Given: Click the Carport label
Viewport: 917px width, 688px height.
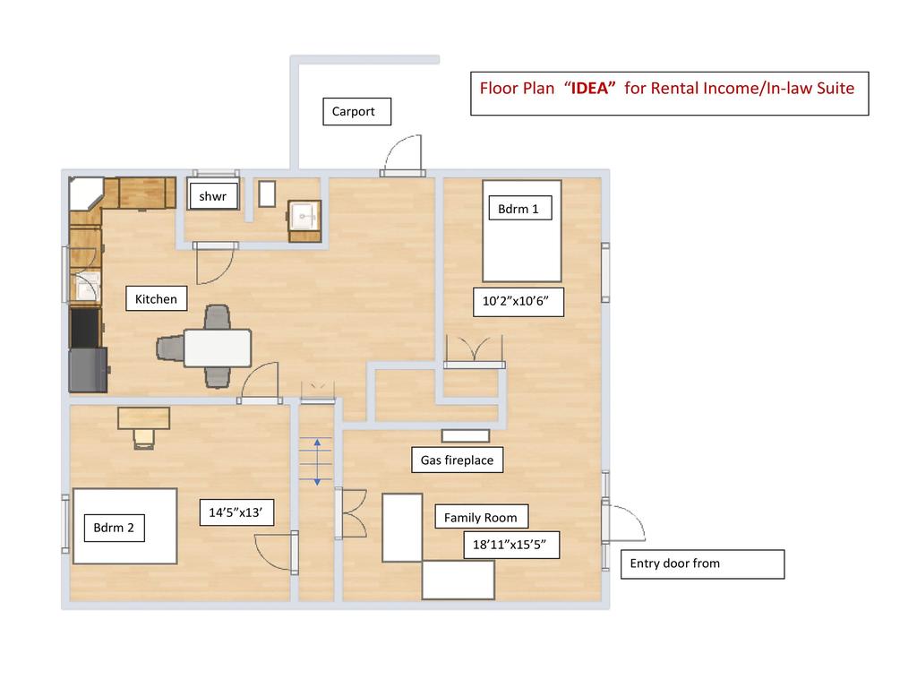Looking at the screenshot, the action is (356, 111).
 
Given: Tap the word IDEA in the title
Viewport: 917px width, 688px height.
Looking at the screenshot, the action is (589, 89).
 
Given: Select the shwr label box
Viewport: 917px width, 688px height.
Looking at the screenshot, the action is (213, 196).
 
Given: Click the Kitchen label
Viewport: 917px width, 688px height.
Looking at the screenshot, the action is (156, 298).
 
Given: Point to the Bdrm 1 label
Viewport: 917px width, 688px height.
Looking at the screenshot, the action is (520, 208).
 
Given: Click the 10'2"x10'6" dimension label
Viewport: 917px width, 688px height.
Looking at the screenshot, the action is (518, 301).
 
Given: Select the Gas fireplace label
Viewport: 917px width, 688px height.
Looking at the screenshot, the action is (458, 460).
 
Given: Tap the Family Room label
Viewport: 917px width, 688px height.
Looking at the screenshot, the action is (481, 517).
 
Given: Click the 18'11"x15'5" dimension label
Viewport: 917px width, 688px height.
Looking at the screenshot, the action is (511, 545).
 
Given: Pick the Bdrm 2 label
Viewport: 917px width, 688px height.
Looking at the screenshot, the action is (115, 528).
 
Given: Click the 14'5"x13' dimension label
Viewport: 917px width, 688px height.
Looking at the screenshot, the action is (236, 512).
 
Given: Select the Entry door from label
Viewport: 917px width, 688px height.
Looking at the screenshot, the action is (702, 564).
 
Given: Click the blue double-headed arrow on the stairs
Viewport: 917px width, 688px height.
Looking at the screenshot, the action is (317, 462).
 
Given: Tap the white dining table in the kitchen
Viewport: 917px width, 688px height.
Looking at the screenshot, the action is (218, 348).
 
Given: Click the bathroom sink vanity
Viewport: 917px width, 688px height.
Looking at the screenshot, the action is (304, 221).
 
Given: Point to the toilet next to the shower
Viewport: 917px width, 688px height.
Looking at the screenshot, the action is (267, 193).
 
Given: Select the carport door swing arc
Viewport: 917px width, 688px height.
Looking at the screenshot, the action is (402, 152).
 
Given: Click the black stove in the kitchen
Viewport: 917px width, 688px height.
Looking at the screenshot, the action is (85, 328).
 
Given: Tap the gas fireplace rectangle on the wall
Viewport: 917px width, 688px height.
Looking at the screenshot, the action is (466, 435).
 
